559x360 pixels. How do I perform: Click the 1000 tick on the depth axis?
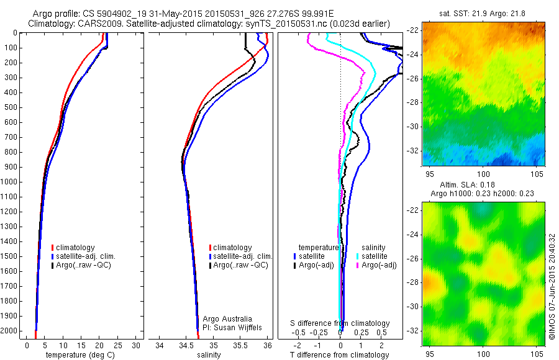tap(11, 182)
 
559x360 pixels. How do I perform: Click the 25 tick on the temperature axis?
tap(118, 345)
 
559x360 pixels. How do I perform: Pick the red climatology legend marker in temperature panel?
tap(53, 248)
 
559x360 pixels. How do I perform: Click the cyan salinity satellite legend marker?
tap(357, 256)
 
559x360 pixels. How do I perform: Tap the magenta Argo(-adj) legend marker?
tap(357, 265)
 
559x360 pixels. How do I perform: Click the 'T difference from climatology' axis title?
tap(340, 355)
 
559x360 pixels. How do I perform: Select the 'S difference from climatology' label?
tap(340, 323)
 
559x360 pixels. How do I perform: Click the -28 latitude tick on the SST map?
tap(414, 102)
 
